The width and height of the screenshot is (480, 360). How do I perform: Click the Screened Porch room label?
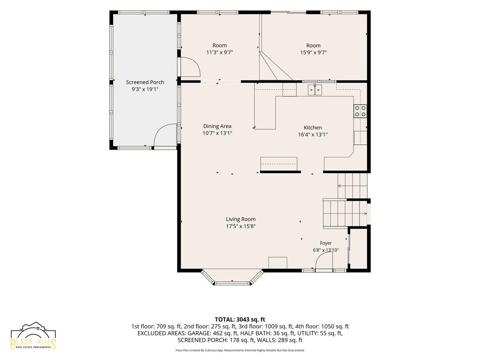click(145, 82)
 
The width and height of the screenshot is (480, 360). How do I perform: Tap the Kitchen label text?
click(313, 128)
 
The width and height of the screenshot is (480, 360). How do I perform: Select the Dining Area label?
click(217, 126)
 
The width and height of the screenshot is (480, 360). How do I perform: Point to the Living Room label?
click(240, 219)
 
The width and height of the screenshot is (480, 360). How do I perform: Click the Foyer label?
click(326, 243)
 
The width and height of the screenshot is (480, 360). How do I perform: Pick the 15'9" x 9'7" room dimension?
click(313, 52)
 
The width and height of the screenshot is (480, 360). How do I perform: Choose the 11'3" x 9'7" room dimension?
click(220, 52)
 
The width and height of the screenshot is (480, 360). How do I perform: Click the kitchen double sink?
click(315, 90)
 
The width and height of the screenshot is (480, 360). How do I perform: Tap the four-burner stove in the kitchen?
click(360, 111)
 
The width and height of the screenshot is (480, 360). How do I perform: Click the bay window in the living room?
click(232, 277)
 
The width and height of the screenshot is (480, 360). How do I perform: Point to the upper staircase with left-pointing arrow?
click(352, 186)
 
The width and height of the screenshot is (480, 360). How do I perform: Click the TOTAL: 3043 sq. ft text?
click(240, 320)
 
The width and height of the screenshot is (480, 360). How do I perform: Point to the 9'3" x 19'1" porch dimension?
click(145, 89)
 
